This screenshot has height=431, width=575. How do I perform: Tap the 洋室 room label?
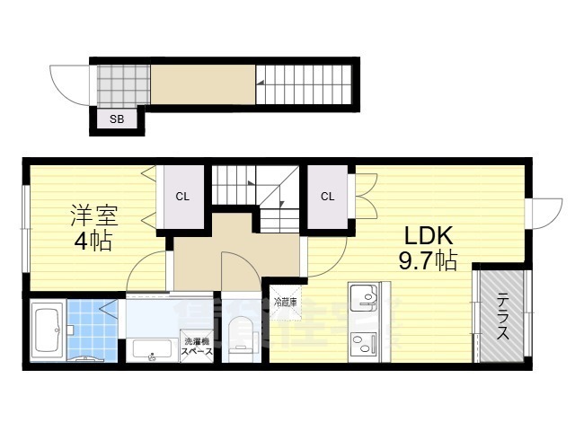[94, 217]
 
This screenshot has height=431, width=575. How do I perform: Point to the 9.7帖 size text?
[429, 261]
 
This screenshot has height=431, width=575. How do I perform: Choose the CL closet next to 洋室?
[182, 197]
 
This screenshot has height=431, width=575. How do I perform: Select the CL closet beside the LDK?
[327, 197]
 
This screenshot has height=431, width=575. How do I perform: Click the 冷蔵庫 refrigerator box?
[286, 302]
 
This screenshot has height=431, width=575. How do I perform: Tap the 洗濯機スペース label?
[199, 347]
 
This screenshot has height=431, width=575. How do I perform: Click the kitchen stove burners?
[364, 342]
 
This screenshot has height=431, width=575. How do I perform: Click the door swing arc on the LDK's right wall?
[543, 212]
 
